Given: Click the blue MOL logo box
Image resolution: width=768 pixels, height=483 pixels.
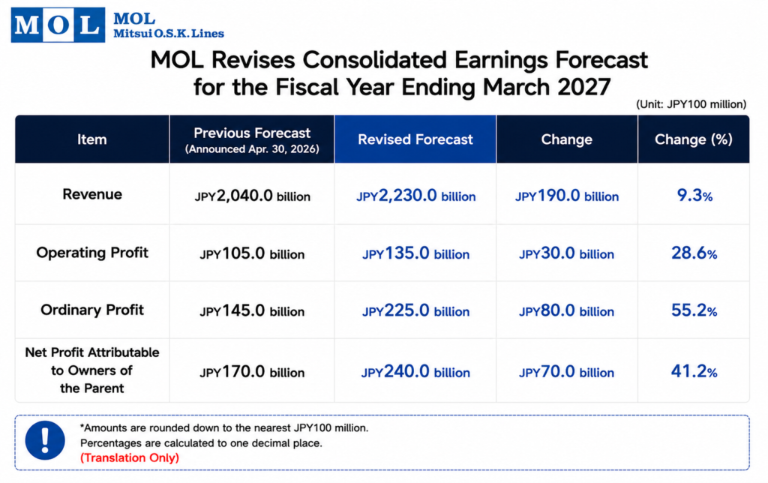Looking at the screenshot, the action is (58, 25).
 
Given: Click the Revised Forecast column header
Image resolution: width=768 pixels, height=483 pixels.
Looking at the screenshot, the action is (415, 139).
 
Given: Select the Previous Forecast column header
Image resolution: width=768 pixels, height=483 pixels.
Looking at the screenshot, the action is (252, 140).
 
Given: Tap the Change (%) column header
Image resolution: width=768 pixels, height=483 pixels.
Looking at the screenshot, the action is (694, 139).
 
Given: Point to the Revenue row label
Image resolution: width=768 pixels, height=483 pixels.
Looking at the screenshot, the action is (92, 194).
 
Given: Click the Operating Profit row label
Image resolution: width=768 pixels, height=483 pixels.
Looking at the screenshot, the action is (92, 253).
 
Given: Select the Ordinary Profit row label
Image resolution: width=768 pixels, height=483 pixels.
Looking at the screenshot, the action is (92, 310).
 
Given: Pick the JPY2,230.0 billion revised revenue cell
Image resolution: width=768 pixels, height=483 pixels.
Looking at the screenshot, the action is (415, 196).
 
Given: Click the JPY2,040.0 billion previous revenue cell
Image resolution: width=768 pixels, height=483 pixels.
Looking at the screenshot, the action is (252, 196).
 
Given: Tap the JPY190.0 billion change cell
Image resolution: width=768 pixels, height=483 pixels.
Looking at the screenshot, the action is (567, 196).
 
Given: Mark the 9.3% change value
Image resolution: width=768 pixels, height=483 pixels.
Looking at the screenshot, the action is (694, 196).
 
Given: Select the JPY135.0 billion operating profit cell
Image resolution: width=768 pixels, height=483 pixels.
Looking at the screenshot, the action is (415, 253).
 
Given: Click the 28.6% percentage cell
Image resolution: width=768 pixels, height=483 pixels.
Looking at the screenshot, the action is (694, 253).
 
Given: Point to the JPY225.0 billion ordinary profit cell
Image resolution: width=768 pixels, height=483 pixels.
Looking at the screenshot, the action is (415, 310).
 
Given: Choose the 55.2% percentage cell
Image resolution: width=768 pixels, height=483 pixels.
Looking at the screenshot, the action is (694, 310).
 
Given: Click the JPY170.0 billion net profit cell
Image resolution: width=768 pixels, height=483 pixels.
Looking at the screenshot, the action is (252, 372).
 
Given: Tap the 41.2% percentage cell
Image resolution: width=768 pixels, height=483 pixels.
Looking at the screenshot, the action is (694, 371).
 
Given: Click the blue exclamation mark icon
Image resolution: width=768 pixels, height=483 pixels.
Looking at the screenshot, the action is (45, 440).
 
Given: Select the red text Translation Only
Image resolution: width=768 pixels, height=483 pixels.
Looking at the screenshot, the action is (130, 458).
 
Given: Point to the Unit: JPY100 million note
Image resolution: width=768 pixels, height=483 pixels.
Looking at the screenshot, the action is (691, 104).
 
